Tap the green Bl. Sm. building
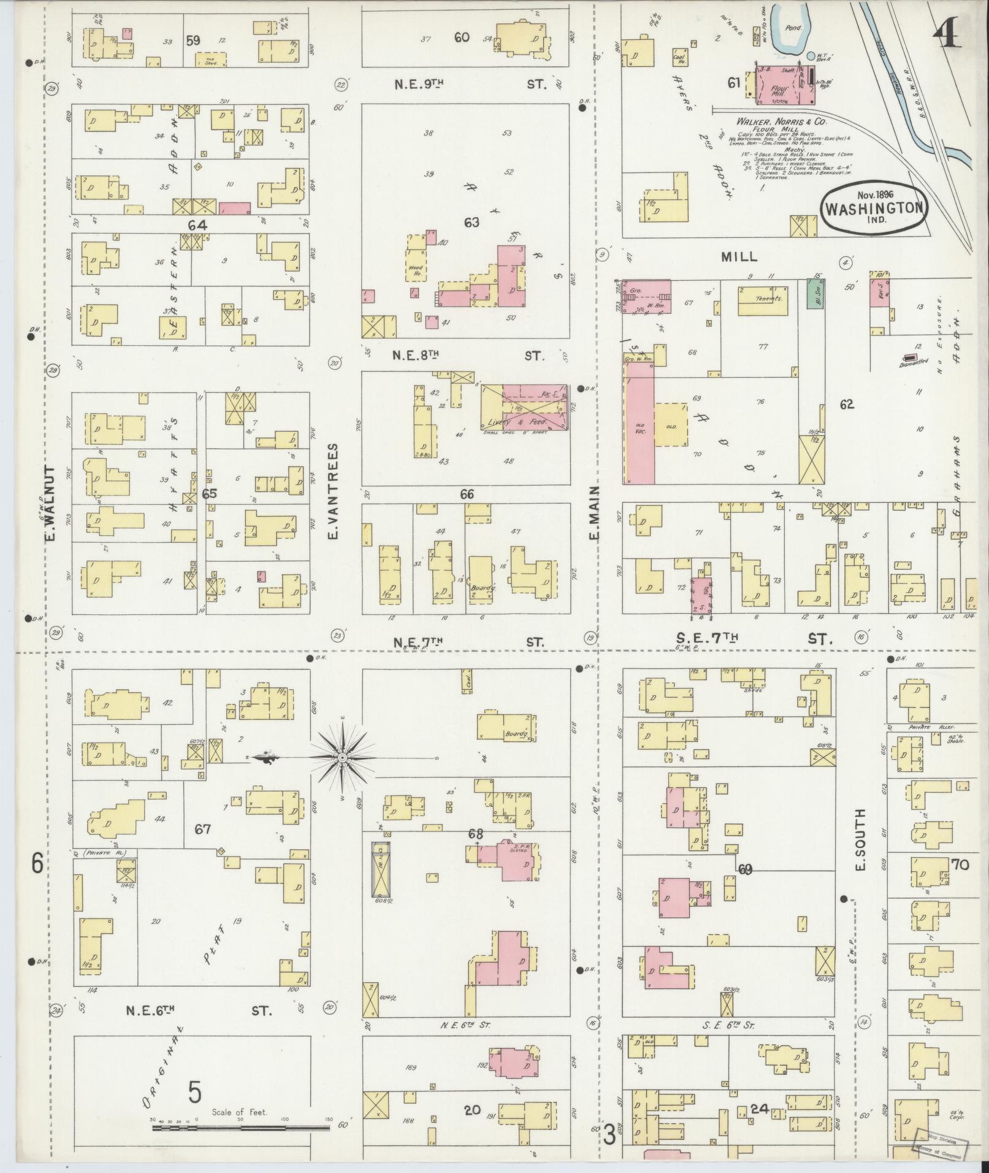point(814,294)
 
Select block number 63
point(471,222)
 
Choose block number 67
point(202,829)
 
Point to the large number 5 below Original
point(194,1091)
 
